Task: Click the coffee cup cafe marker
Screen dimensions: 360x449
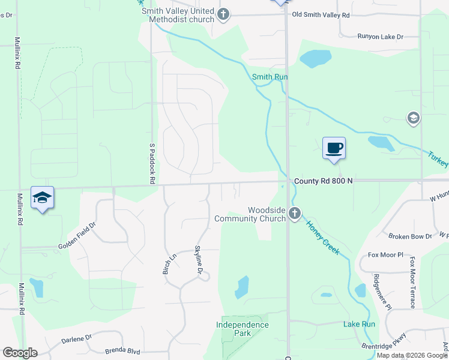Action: click(334, 148)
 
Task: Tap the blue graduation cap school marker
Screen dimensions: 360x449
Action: click(42, 197)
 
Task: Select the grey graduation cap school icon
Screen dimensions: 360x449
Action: click(413, 118)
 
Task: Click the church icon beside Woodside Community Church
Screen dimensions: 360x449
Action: click(294, 213)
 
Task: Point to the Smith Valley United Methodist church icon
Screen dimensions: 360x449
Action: click(223, 15)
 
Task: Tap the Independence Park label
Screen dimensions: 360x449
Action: click(243, 329)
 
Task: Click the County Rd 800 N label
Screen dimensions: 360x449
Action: click(323, 181)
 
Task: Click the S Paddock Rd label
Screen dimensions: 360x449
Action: click(152, 163)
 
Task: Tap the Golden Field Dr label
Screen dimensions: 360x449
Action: click(77, 236)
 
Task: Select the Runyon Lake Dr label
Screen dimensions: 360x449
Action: click(380, 37)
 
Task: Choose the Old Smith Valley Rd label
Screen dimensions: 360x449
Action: click(321, 14)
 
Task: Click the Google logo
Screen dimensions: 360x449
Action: click(20, 353)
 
